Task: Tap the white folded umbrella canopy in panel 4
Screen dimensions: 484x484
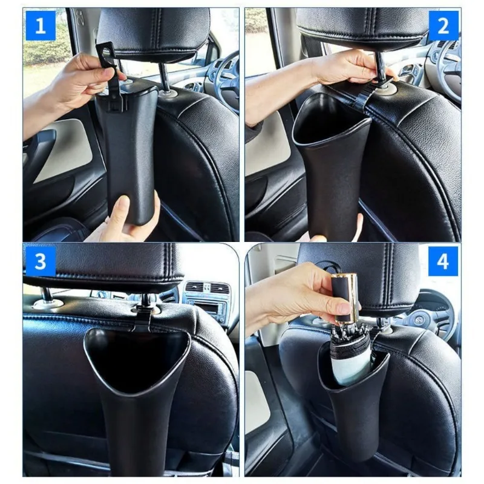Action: pyautogui.click(x=351, y=360)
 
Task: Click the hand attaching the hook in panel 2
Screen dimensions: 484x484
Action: pyautogui.click(x=345, y=67)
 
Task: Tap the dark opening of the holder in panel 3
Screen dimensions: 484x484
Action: pyautogui.click(x=136, y=357)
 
